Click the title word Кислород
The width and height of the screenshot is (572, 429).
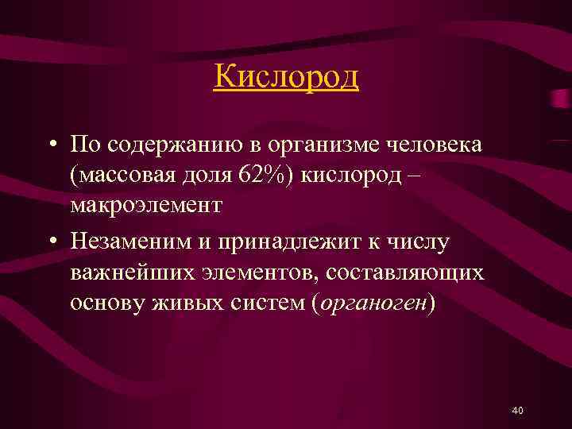[286, 78]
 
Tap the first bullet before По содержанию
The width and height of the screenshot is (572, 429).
[50, 146]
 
